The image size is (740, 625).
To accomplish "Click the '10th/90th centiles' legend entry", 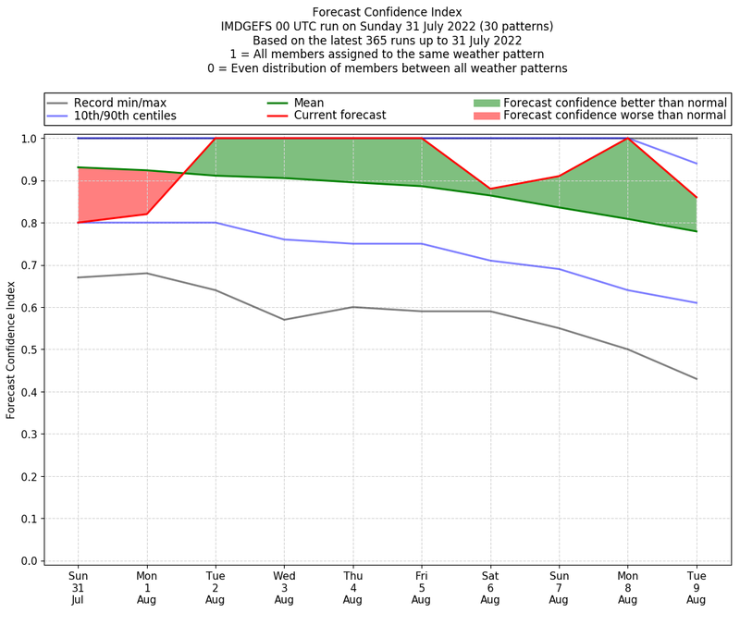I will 125,116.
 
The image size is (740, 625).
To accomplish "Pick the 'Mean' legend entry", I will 309,102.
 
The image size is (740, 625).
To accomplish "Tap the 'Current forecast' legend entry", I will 339,116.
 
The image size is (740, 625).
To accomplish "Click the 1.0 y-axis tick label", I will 30,139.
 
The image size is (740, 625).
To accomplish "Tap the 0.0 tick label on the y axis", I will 30,561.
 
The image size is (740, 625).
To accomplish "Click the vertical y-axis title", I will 11,349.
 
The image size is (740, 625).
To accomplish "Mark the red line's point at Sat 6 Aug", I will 490,189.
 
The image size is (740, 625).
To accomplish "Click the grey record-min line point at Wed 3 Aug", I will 284,320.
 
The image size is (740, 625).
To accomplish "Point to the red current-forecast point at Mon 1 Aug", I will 146,214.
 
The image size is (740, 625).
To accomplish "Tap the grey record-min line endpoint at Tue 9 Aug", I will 697,379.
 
